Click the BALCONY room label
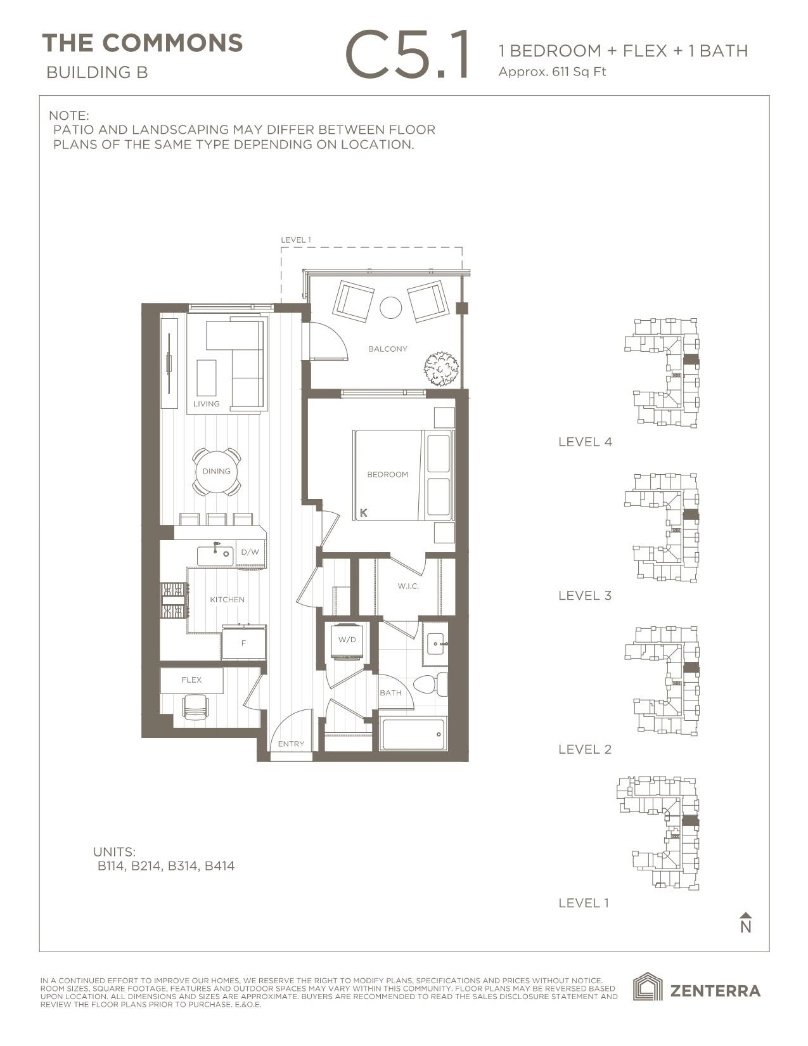(x=387, y=349)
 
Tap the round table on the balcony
(x=390, y=308)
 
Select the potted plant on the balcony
(x=441, y=369)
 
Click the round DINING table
(x=216, y=472)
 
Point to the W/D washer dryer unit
(x=347, y=640)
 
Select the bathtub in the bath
(x=413, y=734)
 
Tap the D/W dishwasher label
(x=250, y=552)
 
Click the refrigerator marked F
(x=243, y=643)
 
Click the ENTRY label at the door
(x=291, y=744)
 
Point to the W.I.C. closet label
(x=408, y=586)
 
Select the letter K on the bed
(x=364, y=513)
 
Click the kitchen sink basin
(x=215, y=555)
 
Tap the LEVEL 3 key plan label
(x=585, y=595)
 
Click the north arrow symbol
(x=746, y=923)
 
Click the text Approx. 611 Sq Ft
(x=552, y=72)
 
